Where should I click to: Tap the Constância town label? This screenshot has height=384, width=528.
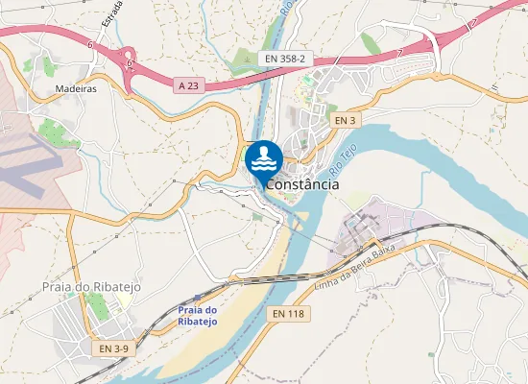(302, 184)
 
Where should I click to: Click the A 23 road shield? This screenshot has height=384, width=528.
(190, 85)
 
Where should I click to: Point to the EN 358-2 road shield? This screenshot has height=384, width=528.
(285, 60)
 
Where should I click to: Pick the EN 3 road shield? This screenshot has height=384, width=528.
(346, 120)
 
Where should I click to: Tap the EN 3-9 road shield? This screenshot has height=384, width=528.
(111, 348)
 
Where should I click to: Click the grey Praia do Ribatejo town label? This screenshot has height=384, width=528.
(85, 286)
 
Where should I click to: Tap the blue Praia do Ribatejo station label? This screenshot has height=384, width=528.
(198, 316)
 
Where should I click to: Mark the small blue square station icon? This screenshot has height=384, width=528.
(197, 298)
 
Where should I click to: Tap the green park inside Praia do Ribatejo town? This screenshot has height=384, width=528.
(97, 307)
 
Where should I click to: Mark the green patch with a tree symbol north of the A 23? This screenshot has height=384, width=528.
(244, 58)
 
